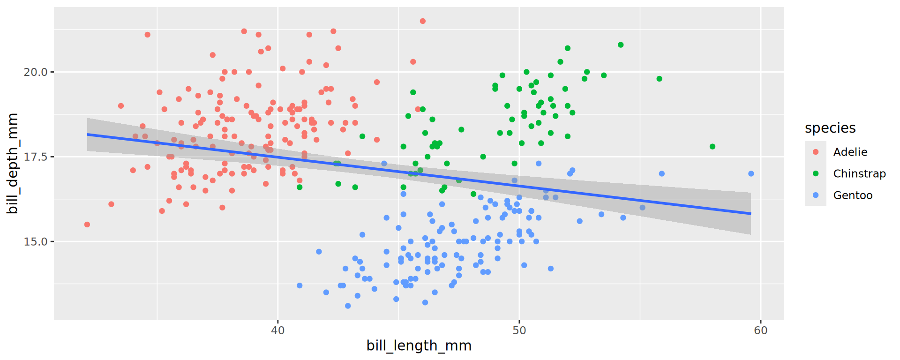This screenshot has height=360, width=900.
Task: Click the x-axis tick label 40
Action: click(x=277, y=330)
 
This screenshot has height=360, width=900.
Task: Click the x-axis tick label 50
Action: click(x=519, y=330)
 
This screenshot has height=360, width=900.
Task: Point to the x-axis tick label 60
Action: click(x=761, y=330)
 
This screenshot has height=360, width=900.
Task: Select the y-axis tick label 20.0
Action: click(x=36, y=72)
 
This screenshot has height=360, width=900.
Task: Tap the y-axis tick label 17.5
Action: click(x=36, y=157)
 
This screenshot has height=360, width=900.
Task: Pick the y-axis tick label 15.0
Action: click(x=36, y=242)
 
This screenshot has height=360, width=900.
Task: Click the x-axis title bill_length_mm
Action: click(x=419, y=346)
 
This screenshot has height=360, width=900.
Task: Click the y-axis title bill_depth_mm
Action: click(x=13, y=163)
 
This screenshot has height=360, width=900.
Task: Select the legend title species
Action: click(x=830, y=128)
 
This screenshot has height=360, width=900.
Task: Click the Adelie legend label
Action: click(x=850, y=152)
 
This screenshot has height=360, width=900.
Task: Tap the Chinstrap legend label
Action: click(x=859, y=173)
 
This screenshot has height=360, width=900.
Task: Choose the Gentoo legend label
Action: click(x=853, y=195)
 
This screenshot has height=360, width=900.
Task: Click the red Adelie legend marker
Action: click(x=816, y=152)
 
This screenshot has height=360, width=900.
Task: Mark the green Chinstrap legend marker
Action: click(x=816, y=173)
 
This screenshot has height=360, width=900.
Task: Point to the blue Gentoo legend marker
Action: click(x=816, y=195)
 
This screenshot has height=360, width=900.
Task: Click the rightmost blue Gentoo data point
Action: click(x=751, y=174)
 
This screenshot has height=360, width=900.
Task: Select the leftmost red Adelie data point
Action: click(x=87, y=225)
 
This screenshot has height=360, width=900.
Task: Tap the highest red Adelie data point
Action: click(x=423, y=21)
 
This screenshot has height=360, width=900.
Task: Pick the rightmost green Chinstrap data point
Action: click(x=712, y=147)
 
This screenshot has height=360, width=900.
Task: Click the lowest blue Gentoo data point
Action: click(x=348, y=306)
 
